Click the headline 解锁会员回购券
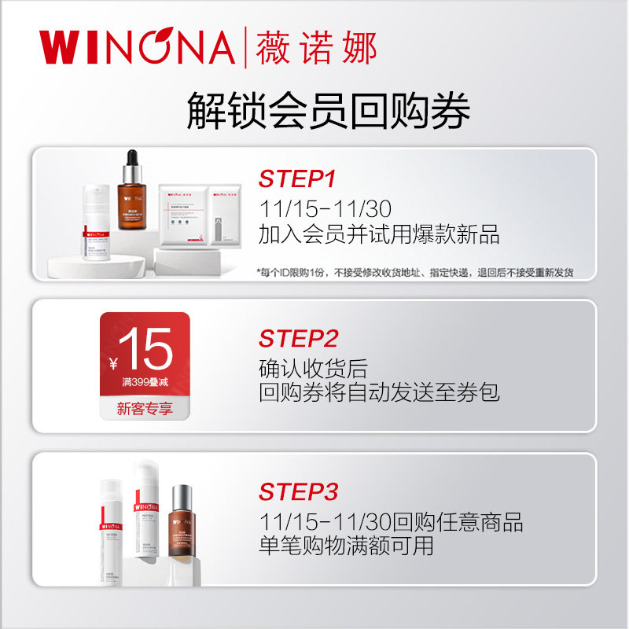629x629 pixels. point(328,111)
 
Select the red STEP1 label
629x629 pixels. point(297,179)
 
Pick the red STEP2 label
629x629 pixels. point(298,339)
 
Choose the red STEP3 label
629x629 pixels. point(298,492)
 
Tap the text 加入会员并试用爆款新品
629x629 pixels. point(379,234)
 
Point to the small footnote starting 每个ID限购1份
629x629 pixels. point(415,272)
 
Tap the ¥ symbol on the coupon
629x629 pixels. point(114,362)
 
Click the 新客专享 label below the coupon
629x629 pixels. point(144,409)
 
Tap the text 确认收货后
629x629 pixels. point(313,368)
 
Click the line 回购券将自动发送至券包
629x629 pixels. point(379,392)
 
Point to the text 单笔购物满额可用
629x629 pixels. point(346,546)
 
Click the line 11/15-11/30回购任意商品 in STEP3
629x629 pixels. point(391,522)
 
